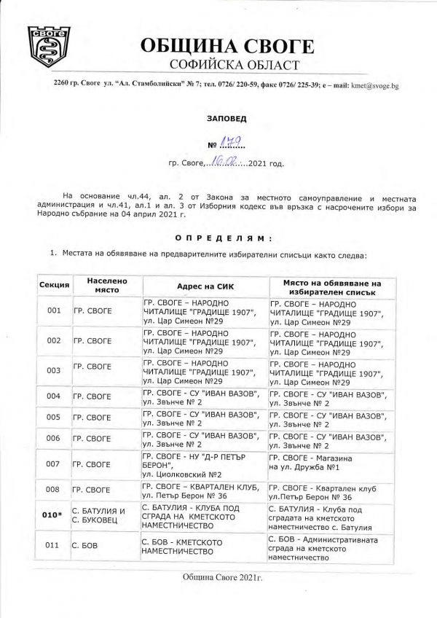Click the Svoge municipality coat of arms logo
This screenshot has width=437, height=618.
(50, 47)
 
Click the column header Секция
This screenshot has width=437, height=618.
(53, 284)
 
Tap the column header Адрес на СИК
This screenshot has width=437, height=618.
(204, 285)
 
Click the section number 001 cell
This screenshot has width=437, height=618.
(53, 310)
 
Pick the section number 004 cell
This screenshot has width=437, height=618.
(53, 396)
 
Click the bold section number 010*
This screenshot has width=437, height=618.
(53, 515)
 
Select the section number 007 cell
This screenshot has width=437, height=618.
(53, 464)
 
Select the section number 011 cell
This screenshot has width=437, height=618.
(53, 545)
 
